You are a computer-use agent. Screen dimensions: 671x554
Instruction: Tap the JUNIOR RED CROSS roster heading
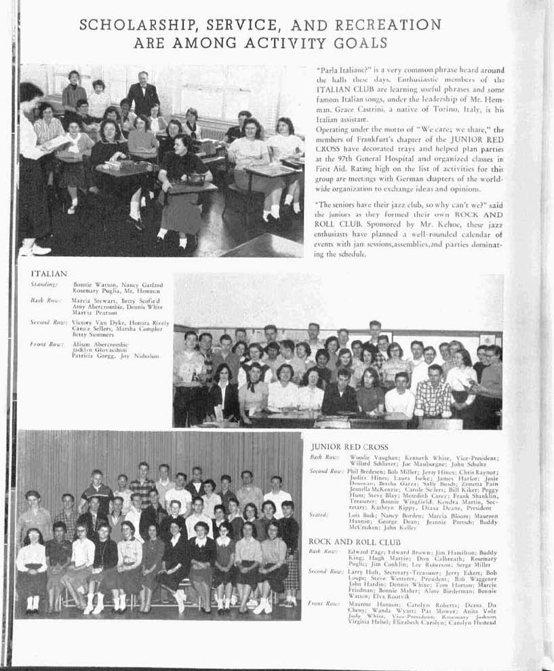(349, 448)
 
